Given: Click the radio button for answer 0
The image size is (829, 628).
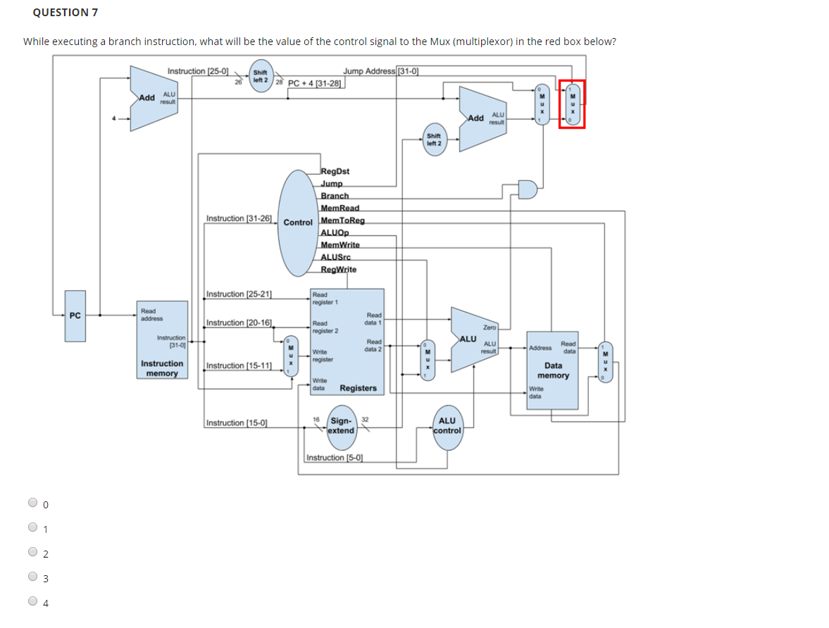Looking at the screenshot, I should click(33, 503).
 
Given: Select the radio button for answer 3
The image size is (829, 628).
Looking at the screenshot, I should click(33, 577).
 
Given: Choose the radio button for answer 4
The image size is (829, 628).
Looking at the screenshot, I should click(33, 601).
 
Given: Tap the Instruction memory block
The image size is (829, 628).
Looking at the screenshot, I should click(163, 340).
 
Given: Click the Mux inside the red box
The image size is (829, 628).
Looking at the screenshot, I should click(573, 104).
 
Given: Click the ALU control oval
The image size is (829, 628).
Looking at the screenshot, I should click(448, 426).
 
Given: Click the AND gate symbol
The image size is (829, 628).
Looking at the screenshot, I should click(528, 189).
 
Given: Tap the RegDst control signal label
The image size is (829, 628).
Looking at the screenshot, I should click(335, 171).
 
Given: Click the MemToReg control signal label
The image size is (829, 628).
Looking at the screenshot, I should click(342, 220).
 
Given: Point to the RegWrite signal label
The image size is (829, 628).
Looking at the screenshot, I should click(338, 270).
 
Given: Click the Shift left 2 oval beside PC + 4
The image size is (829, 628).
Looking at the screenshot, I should click(261, 76).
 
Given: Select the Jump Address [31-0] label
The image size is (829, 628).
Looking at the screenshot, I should click(381, 70).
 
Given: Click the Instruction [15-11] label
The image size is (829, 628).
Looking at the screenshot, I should click(239, 365).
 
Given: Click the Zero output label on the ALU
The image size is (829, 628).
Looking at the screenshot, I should click(490, 327).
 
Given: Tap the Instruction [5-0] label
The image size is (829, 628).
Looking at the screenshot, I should click(335, 458).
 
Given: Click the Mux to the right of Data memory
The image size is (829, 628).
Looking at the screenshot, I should click(604, 363).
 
